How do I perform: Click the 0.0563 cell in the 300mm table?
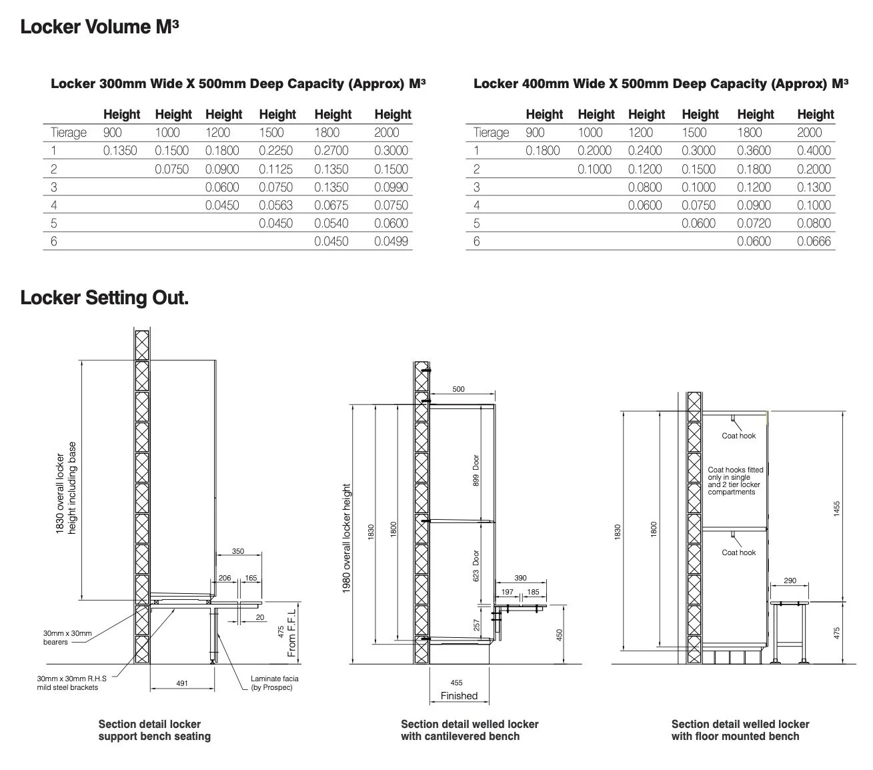point(275,206)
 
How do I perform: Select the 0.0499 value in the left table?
point(391,242)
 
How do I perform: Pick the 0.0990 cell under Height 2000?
point(391,187)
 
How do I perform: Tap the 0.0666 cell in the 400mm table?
point(814,242)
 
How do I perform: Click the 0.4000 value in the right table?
point(814,151)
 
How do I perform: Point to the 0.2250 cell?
point(275,151)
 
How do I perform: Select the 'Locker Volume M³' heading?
point(99,27)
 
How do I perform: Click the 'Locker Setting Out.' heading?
point(105,298)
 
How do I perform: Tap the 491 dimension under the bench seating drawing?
point(182,683)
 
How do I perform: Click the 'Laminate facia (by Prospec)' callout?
point(274,683)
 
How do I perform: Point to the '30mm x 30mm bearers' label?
point(67,637)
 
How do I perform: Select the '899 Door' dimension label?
point(476,470)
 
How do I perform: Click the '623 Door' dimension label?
point(476,566)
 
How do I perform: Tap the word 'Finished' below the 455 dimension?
point(459,696)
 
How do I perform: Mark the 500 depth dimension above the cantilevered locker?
point(459,389)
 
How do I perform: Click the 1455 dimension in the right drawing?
point(837,508)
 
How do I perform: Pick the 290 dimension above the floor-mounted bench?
point(790,581)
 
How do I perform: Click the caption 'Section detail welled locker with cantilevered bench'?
point(470,730)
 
